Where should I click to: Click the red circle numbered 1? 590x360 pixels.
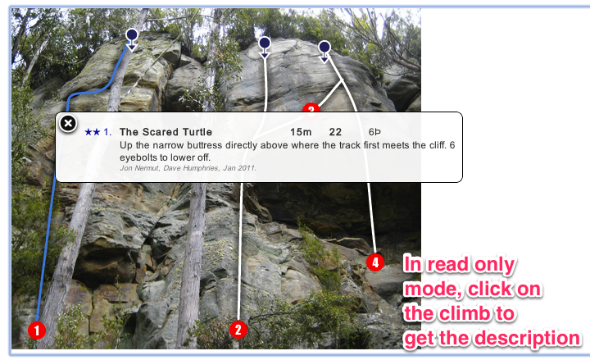pyautogui.click(x=37, y=330)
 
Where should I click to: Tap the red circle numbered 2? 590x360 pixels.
pyautogui.click(x=238, y=330)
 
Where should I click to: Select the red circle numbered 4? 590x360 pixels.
pyautogui.click(x=375, y=262)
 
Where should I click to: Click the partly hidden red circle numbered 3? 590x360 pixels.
pyautogui.click(x=311, y=107)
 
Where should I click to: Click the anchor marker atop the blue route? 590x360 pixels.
pyautogui.click(x=132, y=39)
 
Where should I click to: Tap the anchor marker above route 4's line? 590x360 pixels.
pyautogui.click(x=324, y=52)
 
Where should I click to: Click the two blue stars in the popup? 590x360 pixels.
pyautogui.click(x=93, y=132)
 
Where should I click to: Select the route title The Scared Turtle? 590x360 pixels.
pyautogui.click(x=166, y=132)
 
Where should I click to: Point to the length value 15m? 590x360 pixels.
pyautogui.click(x=301, y=132)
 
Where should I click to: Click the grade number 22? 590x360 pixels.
pyautogui.click(x=335, y=132)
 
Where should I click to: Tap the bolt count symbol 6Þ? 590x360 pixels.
pyautogui.click(x=374, y=132)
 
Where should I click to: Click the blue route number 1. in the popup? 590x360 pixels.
pyautogui.click(x=107, y=132)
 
